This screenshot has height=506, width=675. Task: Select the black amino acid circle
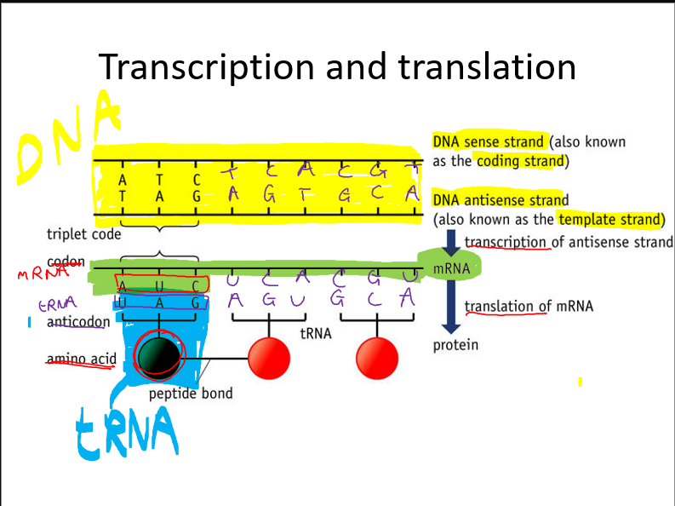tap(158, 357)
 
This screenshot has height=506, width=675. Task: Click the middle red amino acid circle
tap(269, 359)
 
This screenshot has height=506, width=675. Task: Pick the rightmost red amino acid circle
tap(378, 359)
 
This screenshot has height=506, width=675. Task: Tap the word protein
tap(455, 345)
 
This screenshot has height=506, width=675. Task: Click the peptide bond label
tap(190, 394)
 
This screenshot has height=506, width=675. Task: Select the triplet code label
tap(83, 233)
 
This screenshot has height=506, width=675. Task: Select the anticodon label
tap(78, 322)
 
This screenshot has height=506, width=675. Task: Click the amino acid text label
tap(81, 359)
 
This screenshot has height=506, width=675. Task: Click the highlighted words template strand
tap(610, 219)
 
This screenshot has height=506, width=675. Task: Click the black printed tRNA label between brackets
tap(316, 334)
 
